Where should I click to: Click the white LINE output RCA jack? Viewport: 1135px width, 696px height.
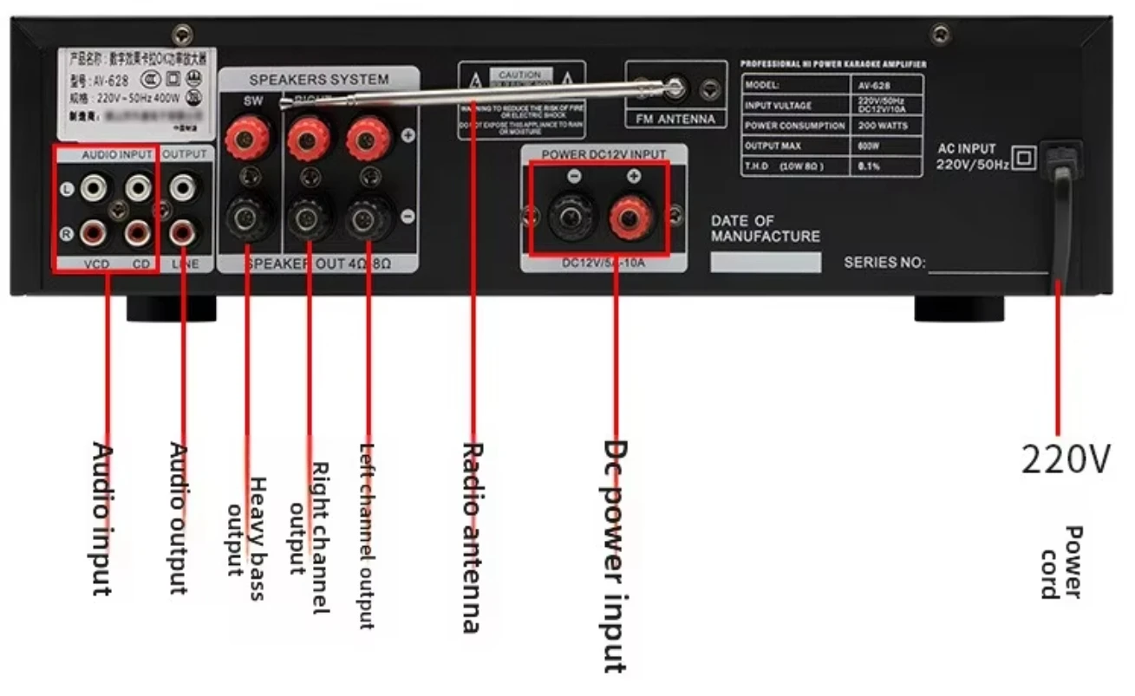(182, 186)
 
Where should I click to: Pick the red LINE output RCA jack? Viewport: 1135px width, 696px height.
(182, 232)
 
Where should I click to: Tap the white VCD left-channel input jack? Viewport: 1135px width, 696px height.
(93, 186)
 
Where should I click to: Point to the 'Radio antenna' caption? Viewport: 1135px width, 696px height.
(472, 537)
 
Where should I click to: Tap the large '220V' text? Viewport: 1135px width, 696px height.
(1064, 459)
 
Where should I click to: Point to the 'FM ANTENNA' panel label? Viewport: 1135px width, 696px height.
(675, 120)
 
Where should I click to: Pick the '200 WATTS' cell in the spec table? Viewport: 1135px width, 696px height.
(885, 126)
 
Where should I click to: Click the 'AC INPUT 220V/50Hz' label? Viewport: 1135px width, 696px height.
(973, 157)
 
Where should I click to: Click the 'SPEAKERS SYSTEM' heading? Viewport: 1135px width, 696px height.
(319, 80)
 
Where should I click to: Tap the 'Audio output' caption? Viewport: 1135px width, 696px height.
(178, 518)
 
